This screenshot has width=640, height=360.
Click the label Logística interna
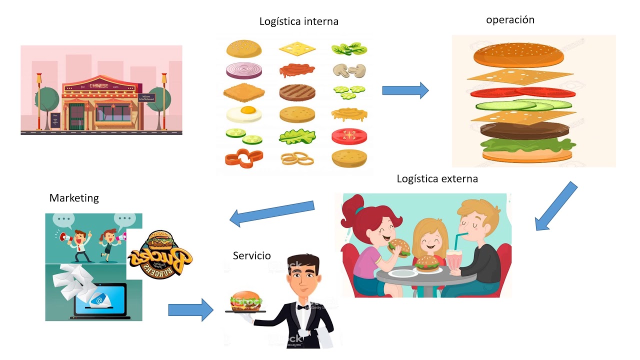click(298, 21)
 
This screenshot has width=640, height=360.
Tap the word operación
click(510, 20)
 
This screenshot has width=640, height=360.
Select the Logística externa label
click(437, 178)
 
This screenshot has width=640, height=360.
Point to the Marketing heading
click(74, 198)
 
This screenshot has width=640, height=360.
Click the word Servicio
click(251, 256)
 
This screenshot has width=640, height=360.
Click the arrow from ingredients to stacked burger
click(405, 90)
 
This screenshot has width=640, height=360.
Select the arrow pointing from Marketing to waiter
click(190, 309)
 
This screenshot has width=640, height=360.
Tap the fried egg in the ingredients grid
click(243, 114)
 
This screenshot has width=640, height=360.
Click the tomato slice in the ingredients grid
click(349, 135)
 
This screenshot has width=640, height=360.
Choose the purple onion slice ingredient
click(243, 71)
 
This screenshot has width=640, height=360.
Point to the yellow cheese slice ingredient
click(297, 48)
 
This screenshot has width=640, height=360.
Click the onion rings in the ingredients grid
click(297, 159)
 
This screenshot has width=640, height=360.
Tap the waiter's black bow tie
click(303, 307)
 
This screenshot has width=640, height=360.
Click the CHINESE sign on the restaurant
click(98, 85)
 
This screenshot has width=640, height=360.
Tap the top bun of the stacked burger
click(518, 55)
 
